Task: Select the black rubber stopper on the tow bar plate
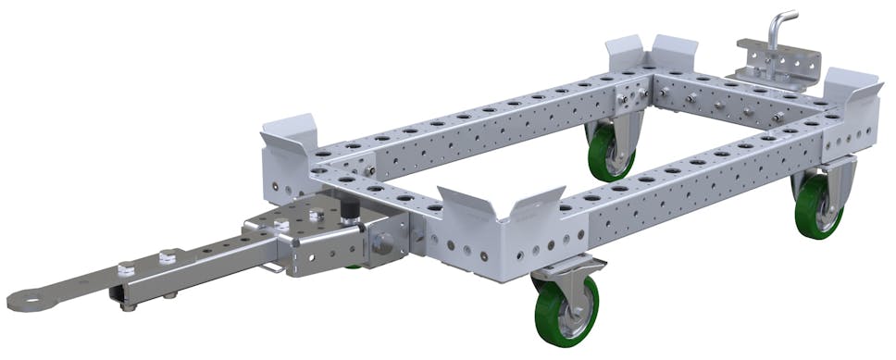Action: pos(351,211)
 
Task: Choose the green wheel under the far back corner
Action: pos(610,152)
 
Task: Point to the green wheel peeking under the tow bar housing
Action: pos(355,267)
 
